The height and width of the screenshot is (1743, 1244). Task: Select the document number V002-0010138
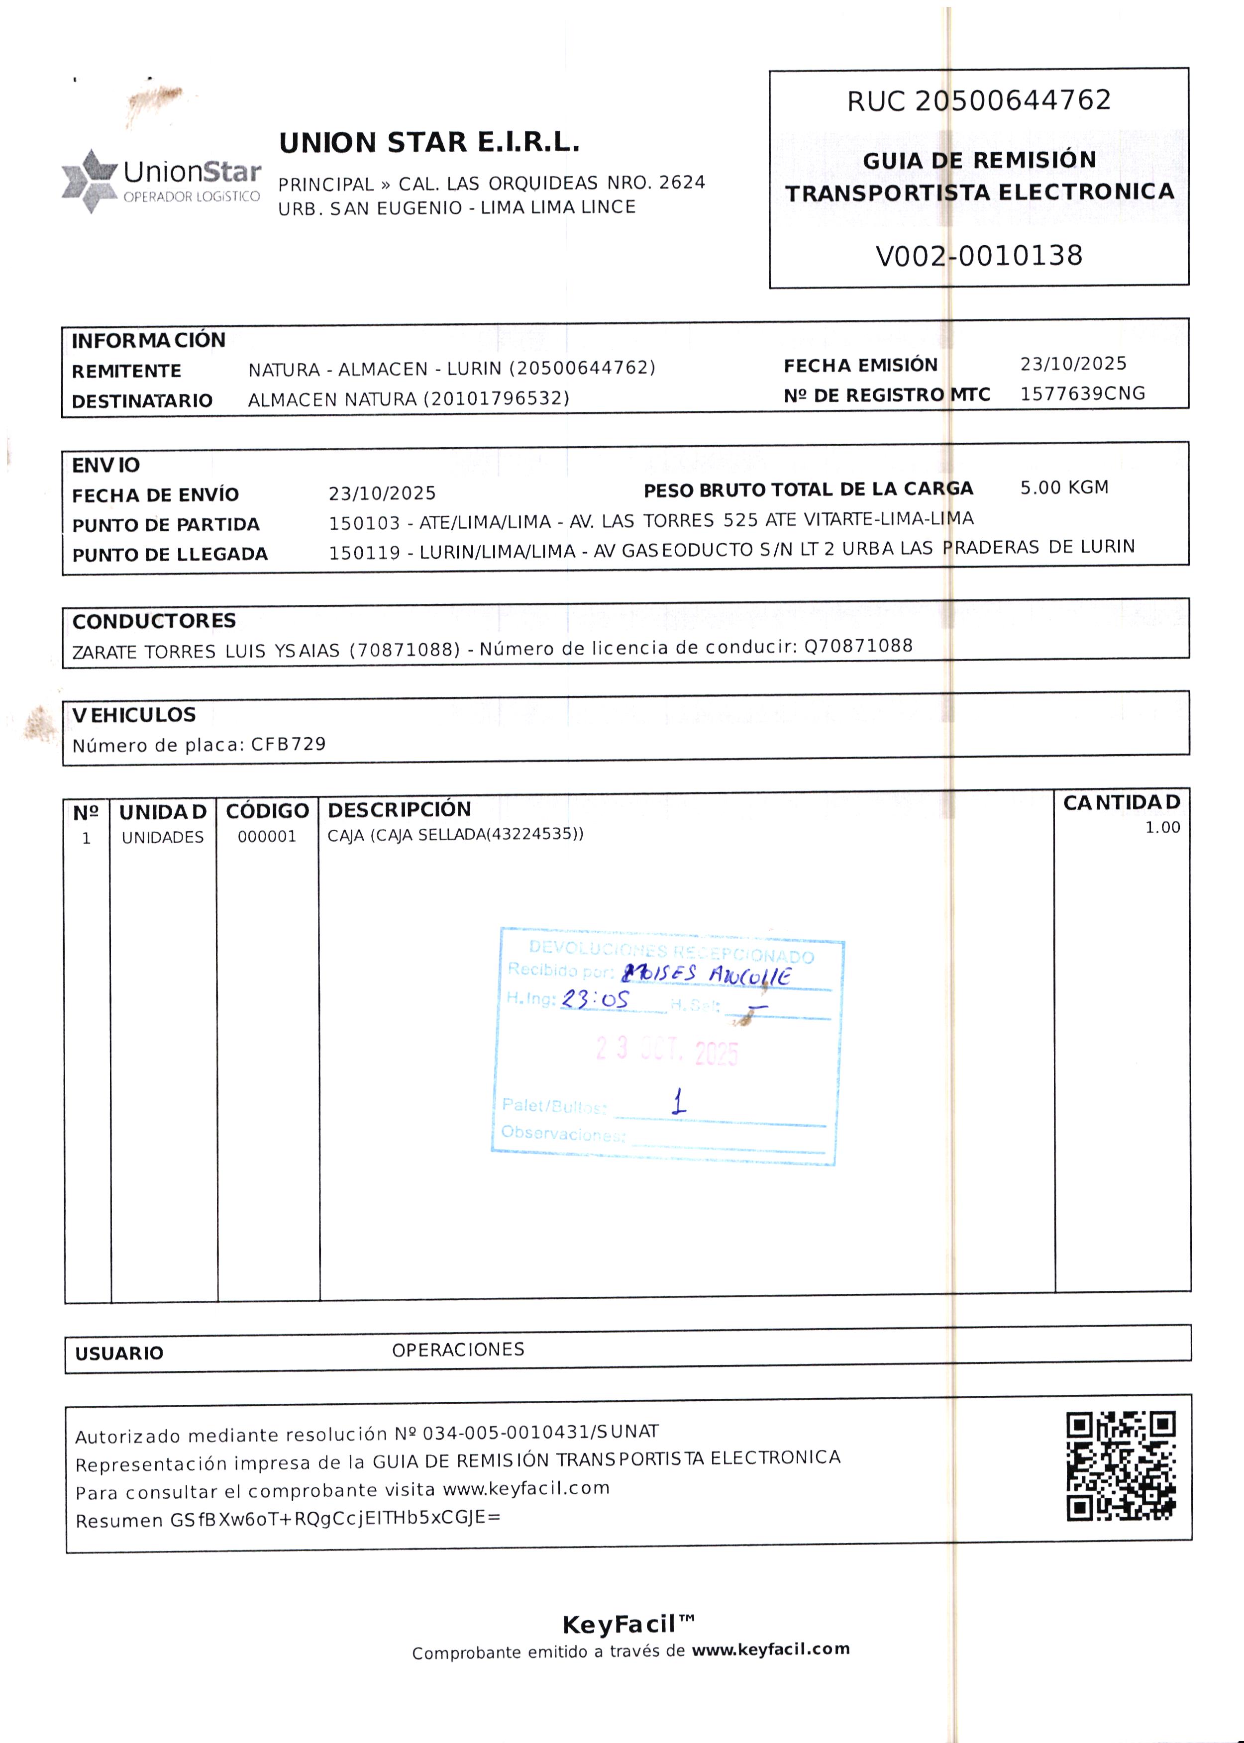[x=978, y=256]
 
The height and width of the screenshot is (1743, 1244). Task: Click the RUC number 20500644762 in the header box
[x=1013, y=100]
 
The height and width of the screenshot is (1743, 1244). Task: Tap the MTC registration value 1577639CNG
[x=1082, y=393]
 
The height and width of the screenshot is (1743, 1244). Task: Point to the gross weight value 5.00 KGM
[x=1063, y=488]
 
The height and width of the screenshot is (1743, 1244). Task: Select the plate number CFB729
[x=288, y=744]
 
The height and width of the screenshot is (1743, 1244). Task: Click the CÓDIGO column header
[x=267, y=811]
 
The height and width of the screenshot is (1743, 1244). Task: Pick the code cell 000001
[x=267, y=836]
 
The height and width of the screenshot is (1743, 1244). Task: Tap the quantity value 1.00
[x=1161, y=827]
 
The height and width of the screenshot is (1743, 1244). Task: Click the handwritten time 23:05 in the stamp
[x=595, y=999]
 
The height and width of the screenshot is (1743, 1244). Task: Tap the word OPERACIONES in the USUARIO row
[x=458, y=1350]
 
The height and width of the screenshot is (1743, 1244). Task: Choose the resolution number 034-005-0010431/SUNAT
[x=540, y=1432]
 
